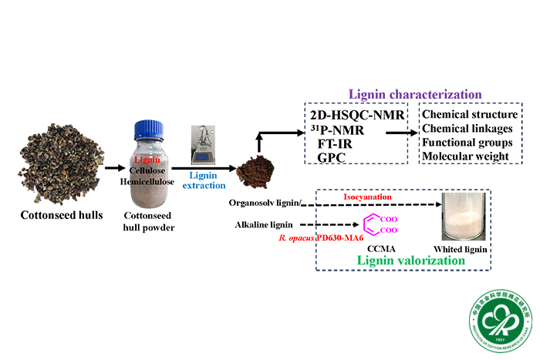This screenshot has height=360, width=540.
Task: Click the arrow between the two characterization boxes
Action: point(399,133)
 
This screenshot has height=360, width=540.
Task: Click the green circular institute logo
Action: point(499,321)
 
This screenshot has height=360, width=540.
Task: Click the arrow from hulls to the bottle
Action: point(113,166)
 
